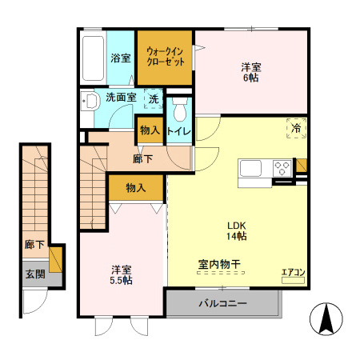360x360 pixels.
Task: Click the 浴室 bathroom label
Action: point(120,58)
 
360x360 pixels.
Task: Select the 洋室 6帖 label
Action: point(250,70)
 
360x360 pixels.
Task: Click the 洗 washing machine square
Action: point(153,100)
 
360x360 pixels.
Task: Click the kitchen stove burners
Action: point(282,169)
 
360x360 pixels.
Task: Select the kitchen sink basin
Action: point(250,169)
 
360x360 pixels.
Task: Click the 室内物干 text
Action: point(219,264)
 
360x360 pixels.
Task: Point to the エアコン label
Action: point(293,272)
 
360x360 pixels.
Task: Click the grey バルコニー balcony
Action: point(223,304)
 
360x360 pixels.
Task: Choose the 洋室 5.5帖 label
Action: point(121,274)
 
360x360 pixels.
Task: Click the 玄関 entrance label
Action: point(34,274)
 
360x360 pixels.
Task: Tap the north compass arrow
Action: point(326,320)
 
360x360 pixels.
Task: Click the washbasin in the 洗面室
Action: point(90,102)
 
